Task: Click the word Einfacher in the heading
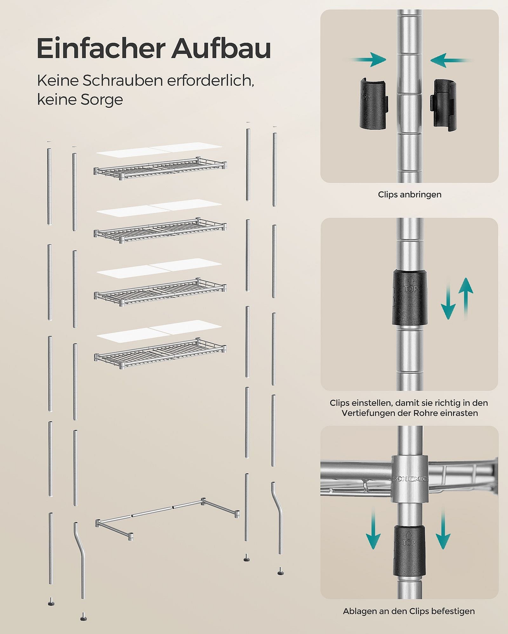pyautogui.click(x=101, y=48)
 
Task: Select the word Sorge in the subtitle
pyautogui.click(x=102, y=100)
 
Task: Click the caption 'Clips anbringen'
pyautogui.click(x=410, y=194)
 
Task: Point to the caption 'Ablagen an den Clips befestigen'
pyautogui.click(x=409, y=611)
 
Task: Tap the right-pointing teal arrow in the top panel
pyautogui.click(x=368, y=60)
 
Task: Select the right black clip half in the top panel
pyautogui.click(x=444, y=105)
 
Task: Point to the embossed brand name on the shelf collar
pyautogui.click(x=410, y=479)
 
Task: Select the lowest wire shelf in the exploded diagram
pyautogui.click(x=160, y=354)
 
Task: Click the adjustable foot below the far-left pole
pyautogui.click(x=51, y=601)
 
